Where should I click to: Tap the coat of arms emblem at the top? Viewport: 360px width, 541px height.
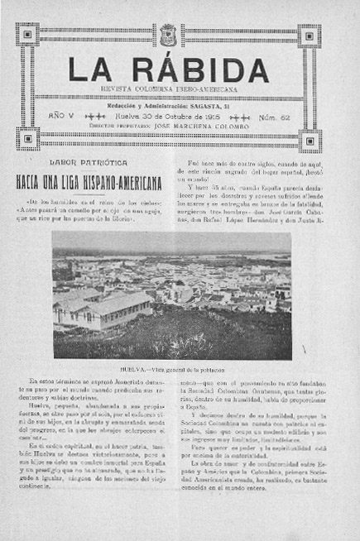(x=167, y=34)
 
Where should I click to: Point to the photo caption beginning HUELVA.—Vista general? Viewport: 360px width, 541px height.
(x=172, y=369)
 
